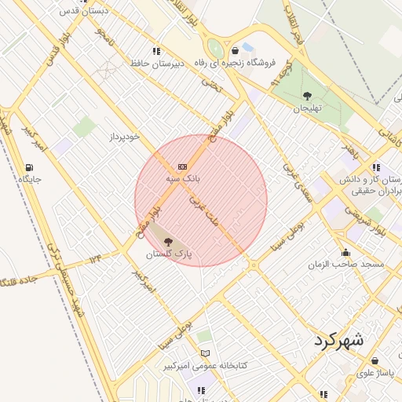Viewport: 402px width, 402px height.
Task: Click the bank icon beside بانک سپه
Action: click(183, 166)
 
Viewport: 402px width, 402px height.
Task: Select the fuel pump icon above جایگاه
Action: click(29, 167)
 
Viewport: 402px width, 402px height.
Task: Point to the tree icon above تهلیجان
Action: click(306, 97)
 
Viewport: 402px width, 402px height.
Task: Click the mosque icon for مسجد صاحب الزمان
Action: click(345, 252)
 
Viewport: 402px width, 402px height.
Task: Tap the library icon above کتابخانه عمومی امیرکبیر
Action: click(205, 354)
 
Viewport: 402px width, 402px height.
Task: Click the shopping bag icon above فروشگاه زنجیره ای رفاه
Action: click(235, 50)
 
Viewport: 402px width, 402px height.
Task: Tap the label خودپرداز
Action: click(124, 137)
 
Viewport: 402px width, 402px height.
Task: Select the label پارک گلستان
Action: click(170, 255)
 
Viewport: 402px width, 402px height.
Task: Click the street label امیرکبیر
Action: click(144, 284)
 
